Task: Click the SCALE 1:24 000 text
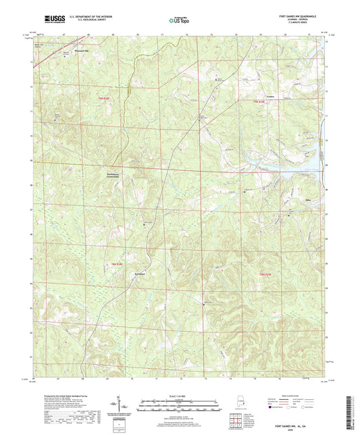pyautogui.click(x=180, y=395)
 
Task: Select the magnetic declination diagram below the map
pyautogui.click(x=126, y=405)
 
